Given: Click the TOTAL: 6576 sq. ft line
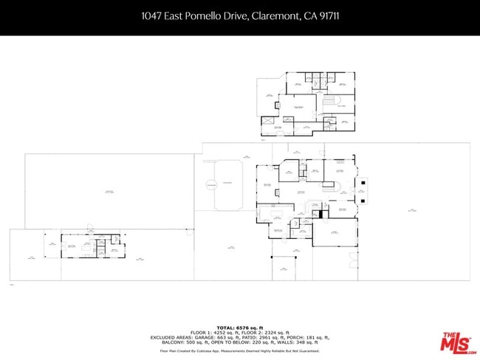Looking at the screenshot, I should pyautogui.click(x=241, y=327).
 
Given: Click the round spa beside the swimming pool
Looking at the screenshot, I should pyautogui.click(x=211, y=183).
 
